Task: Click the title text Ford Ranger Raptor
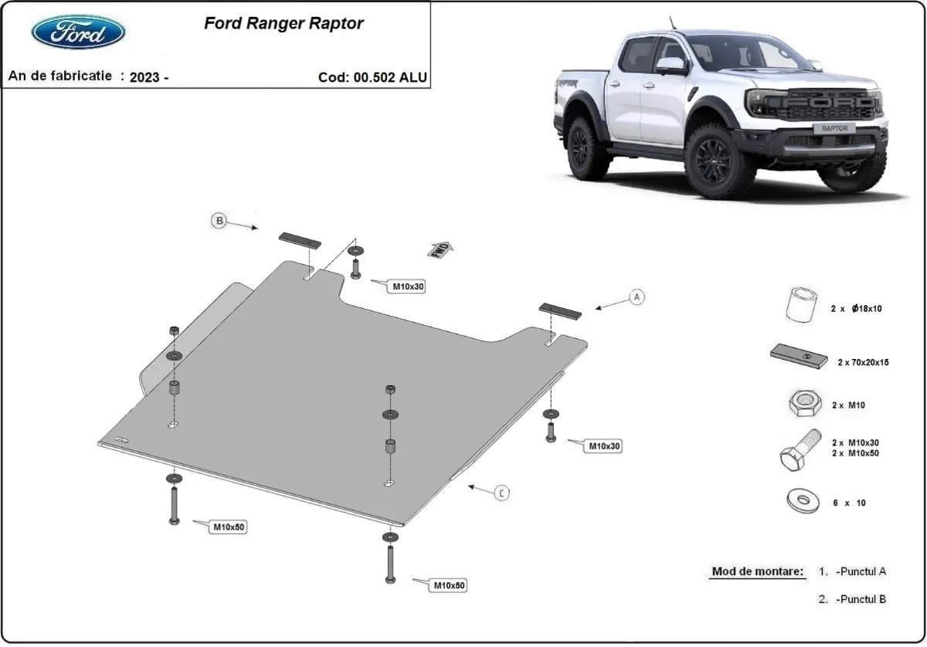[284, 23]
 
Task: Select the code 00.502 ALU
[372, 76]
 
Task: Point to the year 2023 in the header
[147, 76]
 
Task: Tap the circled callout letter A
[637, 296]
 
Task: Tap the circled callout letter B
[219, 222]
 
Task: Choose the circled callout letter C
[503, 493]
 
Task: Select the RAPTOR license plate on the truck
[834, 128]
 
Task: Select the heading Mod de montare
[757, 572]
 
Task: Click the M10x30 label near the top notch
[408, 286]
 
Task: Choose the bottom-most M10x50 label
[448, 586]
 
